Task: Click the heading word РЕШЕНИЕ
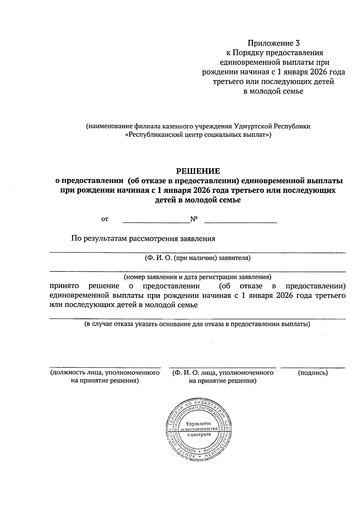(198, 171)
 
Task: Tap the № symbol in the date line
(194, 219)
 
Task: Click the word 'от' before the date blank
(104, 220)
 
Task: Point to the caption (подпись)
(313, 373)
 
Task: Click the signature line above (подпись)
(313, 367)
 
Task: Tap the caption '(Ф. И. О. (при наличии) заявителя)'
(197, 258)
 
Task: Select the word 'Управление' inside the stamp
(199, 424)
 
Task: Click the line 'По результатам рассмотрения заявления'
(143, 239)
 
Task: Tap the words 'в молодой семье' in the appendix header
(273, 91)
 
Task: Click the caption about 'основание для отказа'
(197, 324)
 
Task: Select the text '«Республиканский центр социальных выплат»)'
(198, 135)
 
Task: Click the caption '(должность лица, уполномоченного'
(104, 373)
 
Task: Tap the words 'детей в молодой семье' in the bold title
(197, 200)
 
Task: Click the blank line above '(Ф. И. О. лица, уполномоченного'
(223, 367)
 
